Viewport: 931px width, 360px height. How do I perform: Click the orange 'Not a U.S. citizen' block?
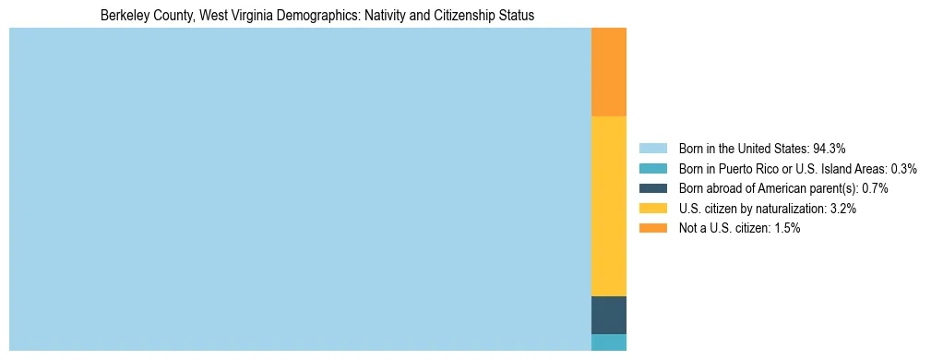point(608,72)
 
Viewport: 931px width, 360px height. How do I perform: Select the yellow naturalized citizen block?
point(608,205)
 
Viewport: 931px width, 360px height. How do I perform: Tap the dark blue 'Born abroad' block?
point(608,315)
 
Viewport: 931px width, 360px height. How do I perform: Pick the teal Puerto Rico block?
point(608,342)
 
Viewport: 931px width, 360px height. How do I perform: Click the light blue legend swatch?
point(652,148)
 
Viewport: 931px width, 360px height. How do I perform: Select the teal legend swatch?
point(652,168)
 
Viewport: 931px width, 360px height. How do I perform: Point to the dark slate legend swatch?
point(652,188)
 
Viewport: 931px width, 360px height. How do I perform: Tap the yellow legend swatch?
point(652,209)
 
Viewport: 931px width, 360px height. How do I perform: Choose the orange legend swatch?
point(652,228)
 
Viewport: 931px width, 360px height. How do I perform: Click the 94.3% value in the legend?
point(829,148)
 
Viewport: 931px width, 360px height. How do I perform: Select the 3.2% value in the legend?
point(842,209)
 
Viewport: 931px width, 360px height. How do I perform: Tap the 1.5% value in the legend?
point(786,228)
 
